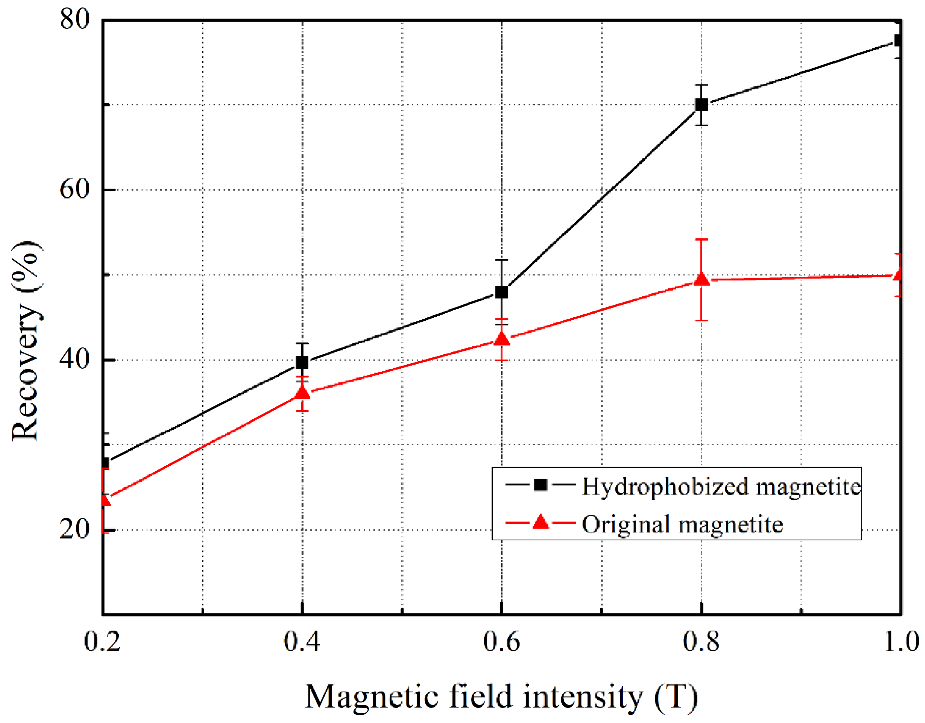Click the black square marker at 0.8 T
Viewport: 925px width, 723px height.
702,104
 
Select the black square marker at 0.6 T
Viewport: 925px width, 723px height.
502,292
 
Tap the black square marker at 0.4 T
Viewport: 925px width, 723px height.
302,362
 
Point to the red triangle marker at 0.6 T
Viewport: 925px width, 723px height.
502,339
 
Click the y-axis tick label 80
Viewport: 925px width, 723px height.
75,19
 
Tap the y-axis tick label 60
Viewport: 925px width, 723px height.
75,189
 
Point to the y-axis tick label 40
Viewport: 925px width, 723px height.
75,359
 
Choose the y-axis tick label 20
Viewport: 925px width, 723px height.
75,529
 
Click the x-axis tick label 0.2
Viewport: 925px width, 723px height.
102,642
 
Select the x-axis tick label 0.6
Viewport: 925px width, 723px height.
502,642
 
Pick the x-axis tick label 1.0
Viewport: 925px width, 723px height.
901,642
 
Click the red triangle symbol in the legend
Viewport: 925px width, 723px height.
540,522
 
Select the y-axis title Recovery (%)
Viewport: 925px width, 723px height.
26,341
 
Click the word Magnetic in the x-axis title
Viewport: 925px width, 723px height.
372,697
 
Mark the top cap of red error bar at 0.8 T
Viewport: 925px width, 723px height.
702,240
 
